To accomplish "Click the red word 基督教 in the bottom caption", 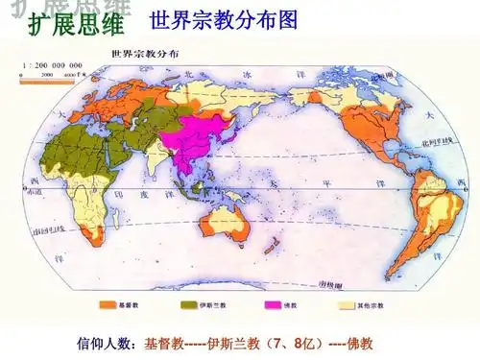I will click(164, 344).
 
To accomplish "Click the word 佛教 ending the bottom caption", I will click(359, 344).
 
